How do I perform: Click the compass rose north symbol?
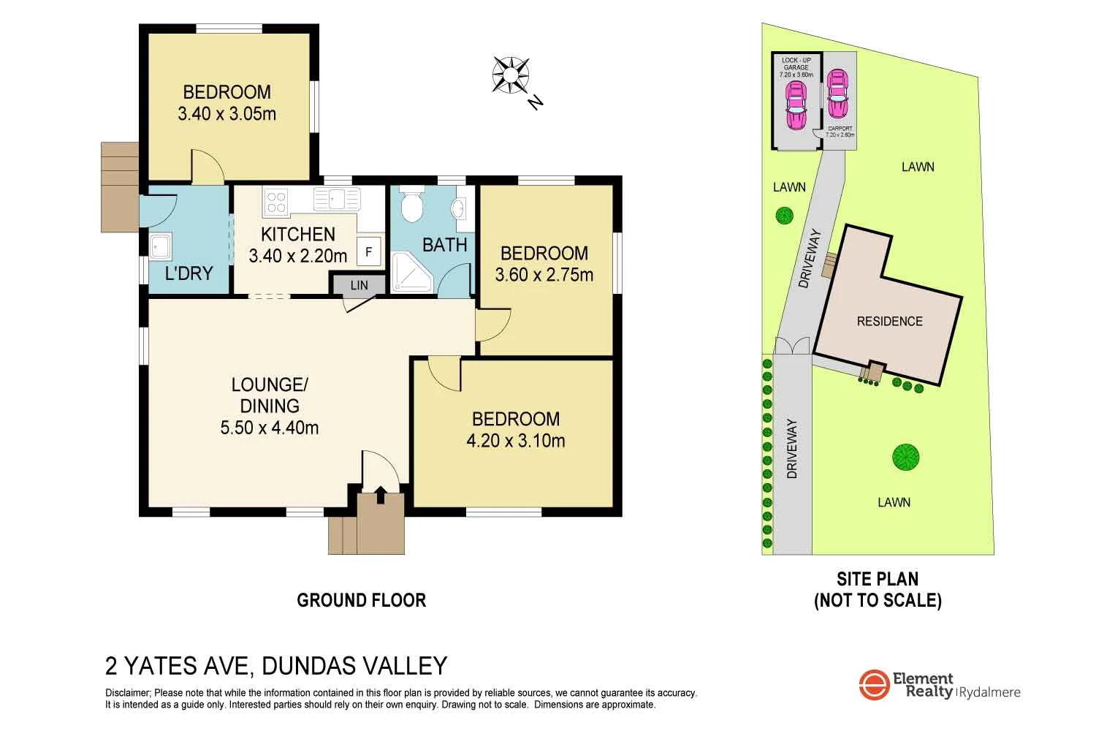(511, 75)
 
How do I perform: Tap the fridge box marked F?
(369, 251)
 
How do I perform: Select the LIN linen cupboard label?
(359, 285)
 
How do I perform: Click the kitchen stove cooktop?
(276, 200)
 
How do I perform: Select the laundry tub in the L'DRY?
(160, 247)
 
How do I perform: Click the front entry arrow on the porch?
(380, 495)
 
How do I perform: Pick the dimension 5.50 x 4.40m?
(270, 428)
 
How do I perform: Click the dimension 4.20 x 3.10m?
(516, 440)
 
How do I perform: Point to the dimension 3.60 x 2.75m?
(544, 275)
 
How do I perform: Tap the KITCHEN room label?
(298, 234)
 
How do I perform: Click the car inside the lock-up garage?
(795, 105)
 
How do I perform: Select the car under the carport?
(838, 94)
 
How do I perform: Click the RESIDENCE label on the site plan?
(889, 321)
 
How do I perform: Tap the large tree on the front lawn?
(905, 458)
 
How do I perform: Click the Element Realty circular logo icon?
(874, 685)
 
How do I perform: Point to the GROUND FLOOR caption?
(361, 600)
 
